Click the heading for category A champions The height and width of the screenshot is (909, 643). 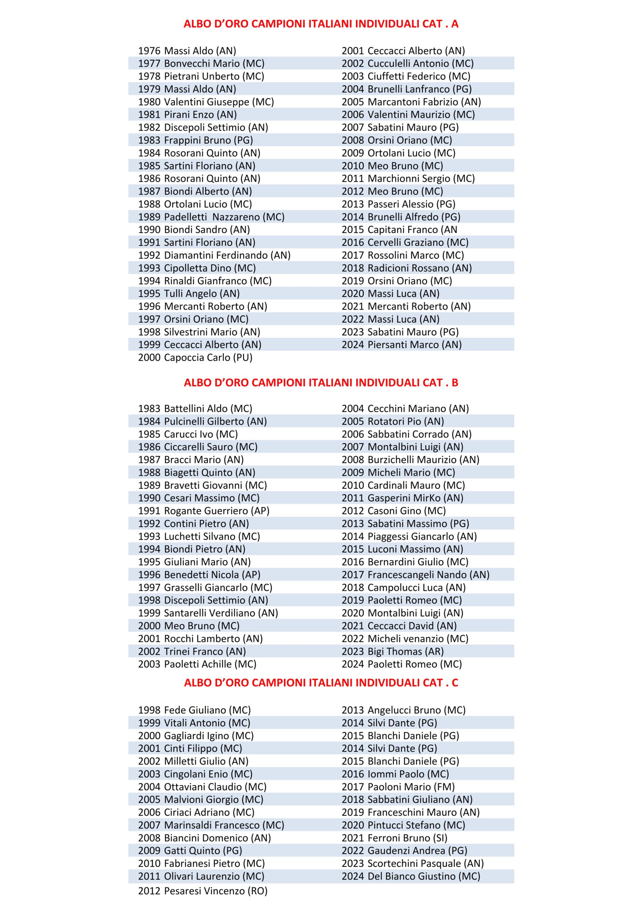(321, 24)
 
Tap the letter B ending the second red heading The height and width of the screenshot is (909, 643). (454, 383)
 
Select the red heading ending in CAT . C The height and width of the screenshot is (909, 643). (321, 683)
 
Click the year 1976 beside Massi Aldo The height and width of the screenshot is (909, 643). (149, 51)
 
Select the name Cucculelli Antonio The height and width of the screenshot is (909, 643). (409, 64)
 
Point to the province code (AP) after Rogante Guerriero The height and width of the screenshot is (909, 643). (260, 511)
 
